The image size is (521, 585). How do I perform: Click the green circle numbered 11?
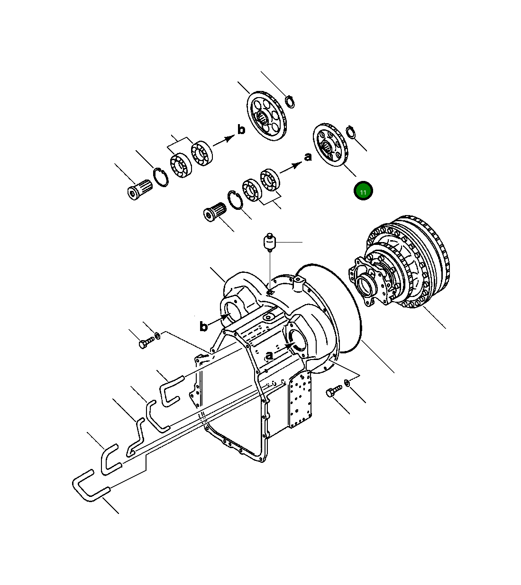pyautogui.click(x=363, y=190)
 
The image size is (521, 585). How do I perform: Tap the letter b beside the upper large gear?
pyautogui.click(x=241, y=130)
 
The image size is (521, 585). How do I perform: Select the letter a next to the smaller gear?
pyautogui.click(x=308, y=157)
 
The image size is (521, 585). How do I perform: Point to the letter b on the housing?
pyautogui.click(x=203, y=326)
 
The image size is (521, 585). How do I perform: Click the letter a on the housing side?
pyautogui.click(x=269, y=355)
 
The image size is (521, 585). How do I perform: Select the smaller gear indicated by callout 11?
pyautogui.click(x=330, y=145)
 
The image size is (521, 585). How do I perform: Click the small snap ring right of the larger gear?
pyautogui.click(x=290, y=102)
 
